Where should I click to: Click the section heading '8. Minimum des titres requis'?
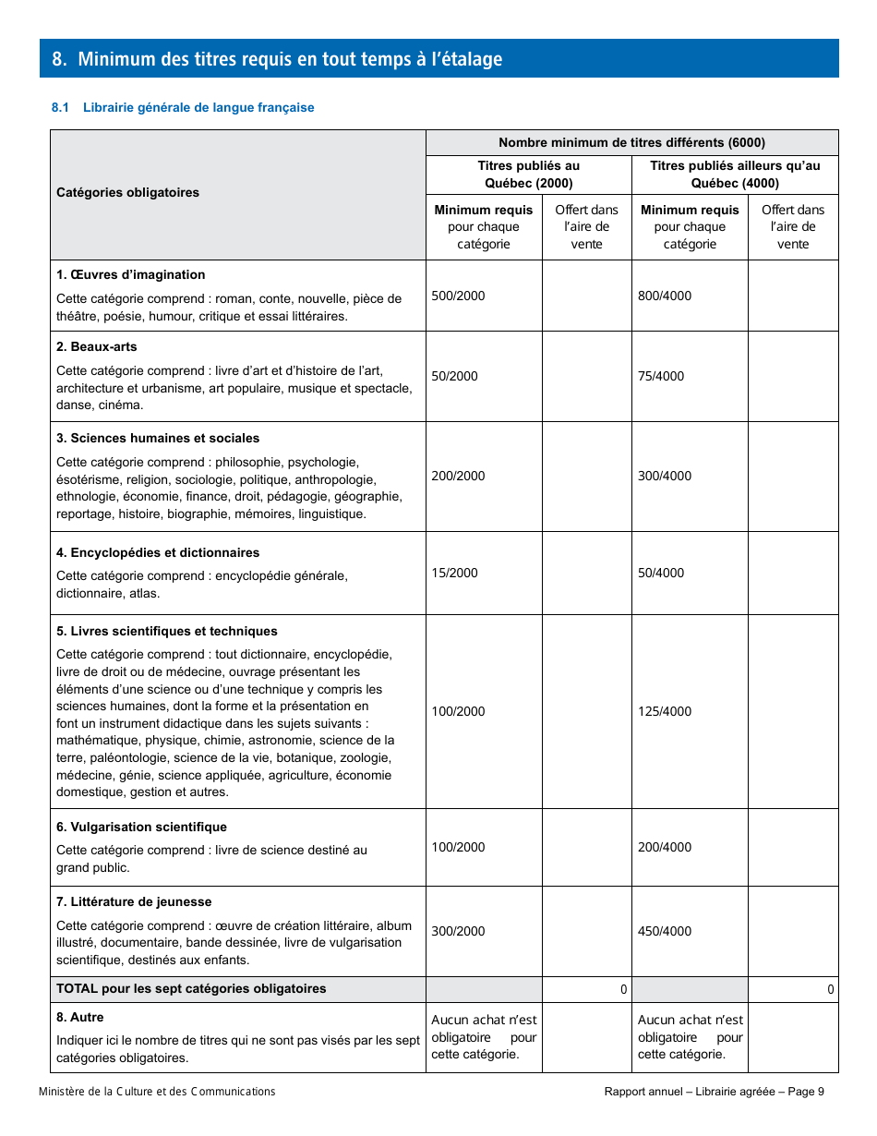pos(277,59)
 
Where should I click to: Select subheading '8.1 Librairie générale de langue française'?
pos(183,108)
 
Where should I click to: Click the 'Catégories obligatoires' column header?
pos(127,193)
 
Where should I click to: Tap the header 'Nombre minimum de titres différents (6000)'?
pos(631,142)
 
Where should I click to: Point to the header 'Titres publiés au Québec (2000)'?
pos(529,175)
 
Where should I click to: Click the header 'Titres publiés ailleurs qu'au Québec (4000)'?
pos(735,175)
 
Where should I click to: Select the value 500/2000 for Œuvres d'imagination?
pos(458,296)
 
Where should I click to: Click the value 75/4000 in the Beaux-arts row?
pos(661,377)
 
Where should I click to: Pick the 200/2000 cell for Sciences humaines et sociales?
pos(458,477)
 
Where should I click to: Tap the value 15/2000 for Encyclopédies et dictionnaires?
pos(454,574)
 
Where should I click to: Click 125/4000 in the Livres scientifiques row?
pos(664,712)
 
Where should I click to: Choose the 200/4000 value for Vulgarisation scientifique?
pos(664,848)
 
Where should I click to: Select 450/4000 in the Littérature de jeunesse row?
pos(664,932)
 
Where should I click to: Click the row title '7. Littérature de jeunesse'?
pos(134,902)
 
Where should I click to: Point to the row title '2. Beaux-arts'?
pos(96,347)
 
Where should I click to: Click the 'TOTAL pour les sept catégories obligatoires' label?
pos(191,989)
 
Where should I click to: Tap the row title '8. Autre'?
pos(80,1018)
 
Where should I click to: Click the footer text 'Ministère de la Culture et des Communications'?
pos(157,1092)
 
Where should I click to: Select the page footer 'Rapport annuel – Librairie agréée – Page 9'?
pos(714,1092)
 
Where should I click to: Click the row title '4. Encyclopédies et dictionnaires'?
pos(158,553)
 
